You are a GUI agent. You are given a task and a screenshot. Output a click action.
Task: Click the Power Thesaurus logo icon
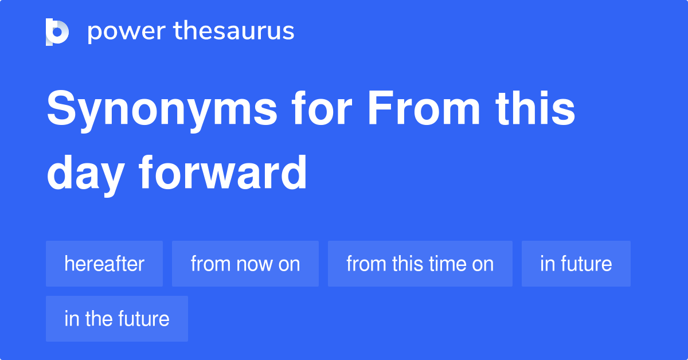57,32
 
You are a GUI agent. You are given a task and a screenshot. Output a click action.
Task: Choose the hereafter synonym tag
104,264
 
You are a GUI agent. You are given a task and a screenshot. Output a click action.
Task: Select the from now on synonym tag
245,264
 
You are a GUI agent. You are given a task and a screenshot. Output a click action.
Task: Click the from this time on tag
420,264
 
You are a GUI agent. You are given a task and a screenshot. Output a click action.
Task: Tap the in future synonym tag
576,264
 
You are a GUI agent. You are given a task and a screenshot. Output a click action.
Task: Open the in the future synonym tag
117,319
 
